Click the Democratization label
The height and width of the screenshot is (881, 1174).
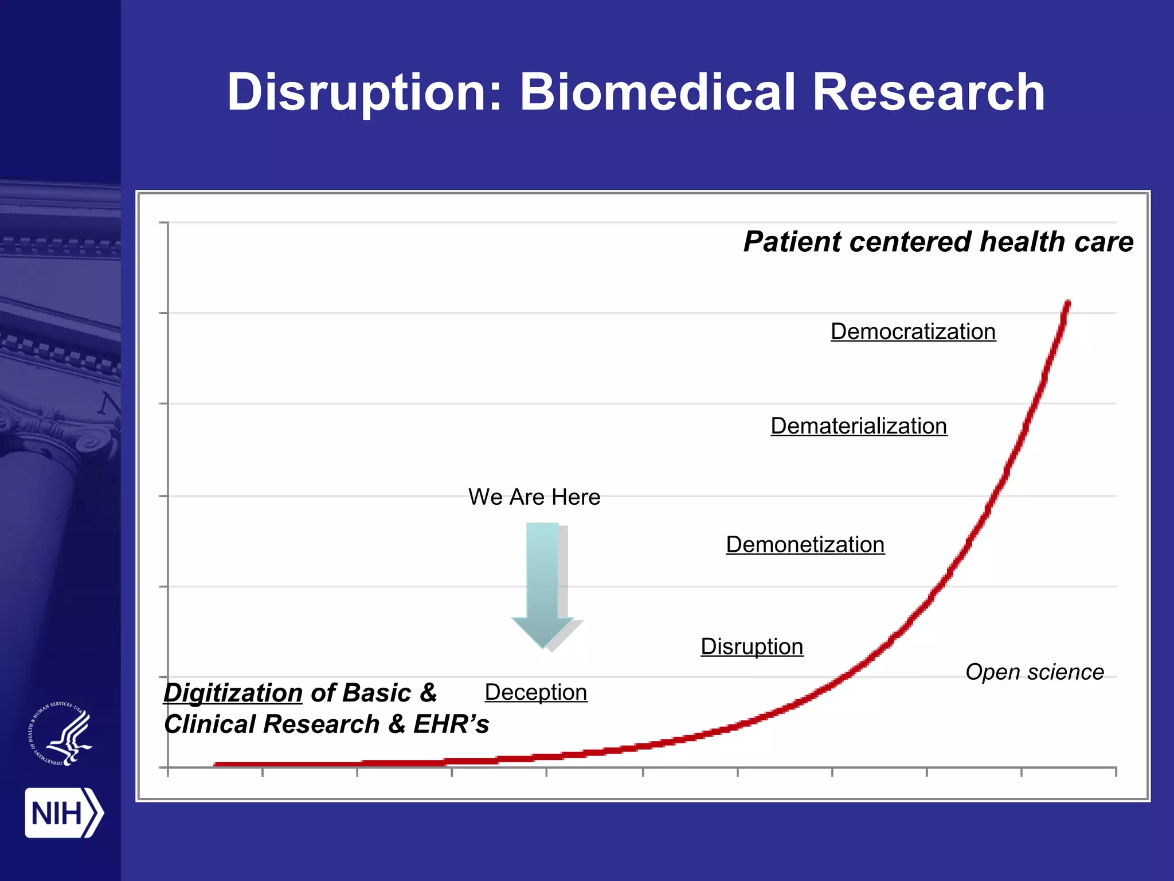pos(913,332)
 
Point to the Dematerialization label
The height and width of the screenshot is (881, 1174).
pos(859,426)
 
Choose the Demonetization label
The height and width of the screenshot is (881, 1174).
pos(805,544)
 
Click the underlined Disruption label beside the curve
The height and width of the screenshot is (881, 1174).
pos(752,646)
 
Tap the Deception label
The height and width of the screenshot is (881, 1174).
pos(535,692)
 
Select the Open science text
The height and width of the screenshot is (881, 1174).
pos(1034,672)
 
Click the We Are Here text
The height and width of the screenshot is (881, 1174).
pos(534,497)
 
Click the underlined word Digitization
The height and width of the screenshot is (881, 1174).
pos(233,693)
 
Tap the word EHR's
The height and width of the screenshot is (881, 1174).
pos(451,724)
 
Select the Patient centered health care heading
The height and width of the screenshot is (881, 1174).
pos(938,241)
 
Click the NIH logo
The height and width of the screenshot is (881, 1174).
pos(63,813)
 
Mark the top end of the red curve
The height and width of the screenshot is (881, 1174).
pos(1067,303)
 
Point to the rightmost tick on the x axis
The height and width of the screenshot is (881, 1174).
pos(1116,771)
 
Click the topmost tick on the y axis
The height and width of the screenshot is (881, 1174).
pos(163,223)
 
